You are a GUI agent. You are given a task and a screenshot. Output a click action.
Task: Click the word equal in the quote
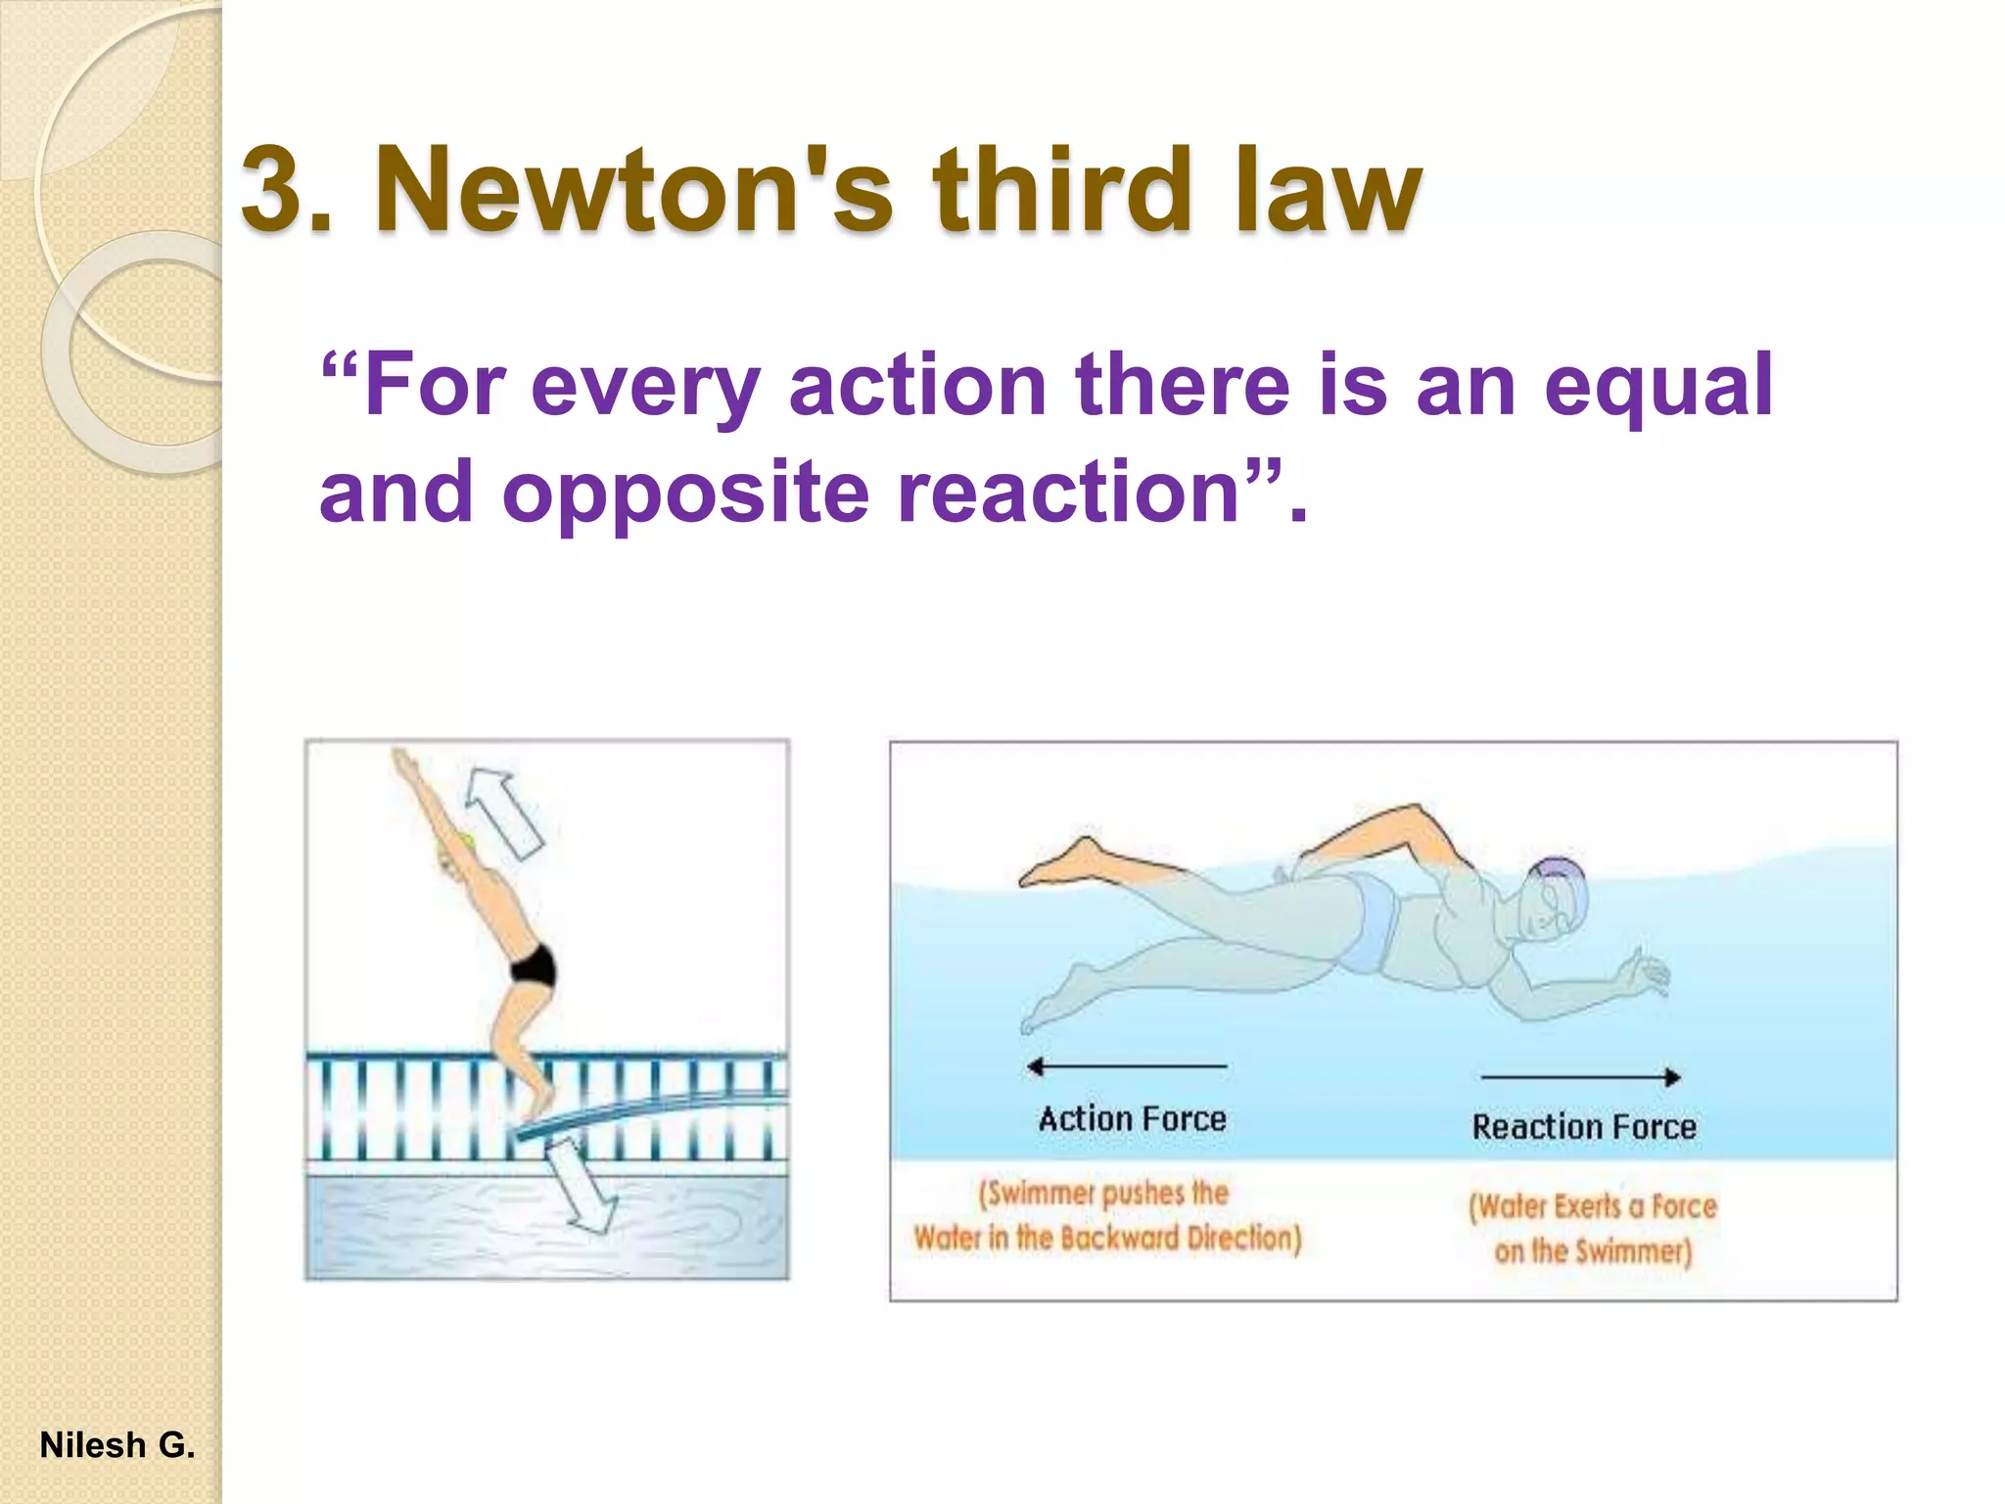[1658, 388]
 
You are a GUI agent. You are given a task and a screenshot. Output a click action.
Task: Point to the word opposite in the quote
[684, 493]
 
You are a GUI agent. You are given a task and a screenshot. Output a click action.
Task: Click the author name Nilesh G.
[117, 1445]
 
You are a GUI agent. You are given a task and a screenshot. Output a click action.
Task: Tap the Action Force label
[1133, 1119]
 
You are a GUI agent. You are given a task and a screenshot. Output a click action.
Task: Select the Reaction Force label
[1584, 1127]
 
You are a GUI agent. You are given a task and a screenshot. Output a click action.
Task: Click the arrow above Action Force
[1126, 1066]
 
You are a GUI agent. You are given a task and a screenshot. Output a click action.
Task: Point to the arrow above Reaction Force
[1581, 1077]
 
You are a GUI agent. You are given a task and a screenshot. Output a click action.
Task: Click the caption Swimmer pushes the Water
[1107, 1215]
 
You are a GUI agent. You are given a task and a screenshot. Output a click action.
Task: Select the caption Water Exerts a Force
[1593, 1228]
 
